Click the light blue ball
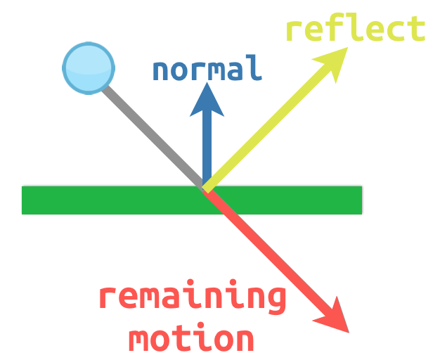88,67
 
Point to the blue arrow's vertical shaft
207,148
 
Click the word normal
207,69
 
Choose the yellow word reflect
355,30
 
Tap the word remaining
192,298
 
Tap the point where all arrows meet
205,188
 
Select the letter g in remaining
276,301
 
